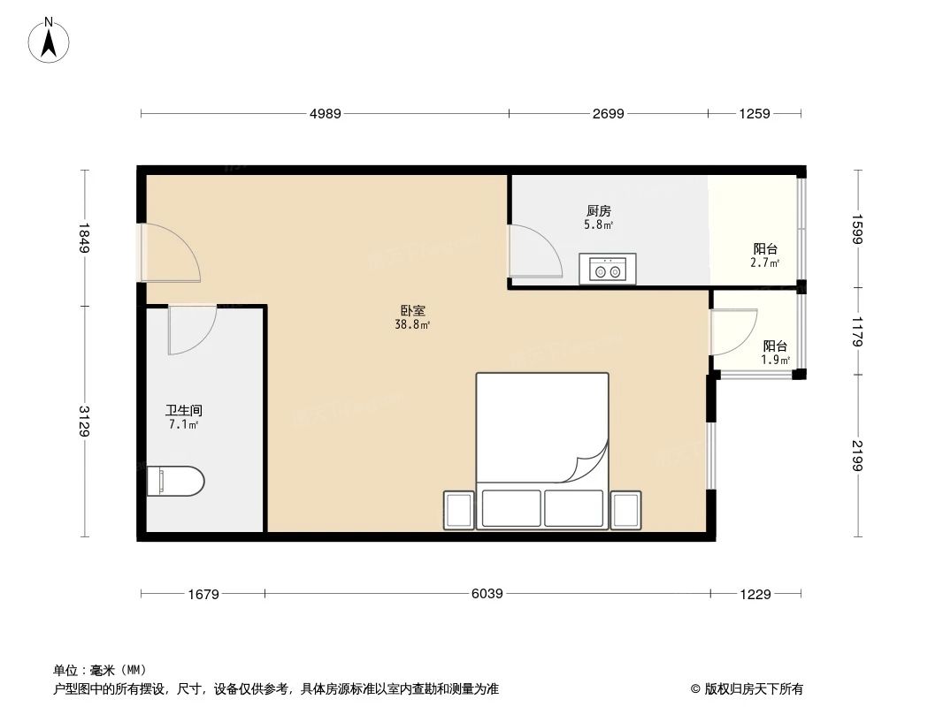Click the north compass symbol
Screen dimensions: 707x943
[x=50, y=40]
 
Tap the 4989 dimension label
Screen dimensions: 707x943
[x=325, y=113]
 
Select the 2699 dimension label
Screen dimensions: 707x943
[x=608, y=113]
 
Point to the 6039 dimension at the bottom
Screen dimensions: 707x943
[x=487, y=594]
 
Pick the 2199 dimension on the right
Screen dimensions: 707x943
[x=856, y=455]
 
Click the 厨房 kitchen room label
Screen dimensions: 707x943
[x=599, y=211]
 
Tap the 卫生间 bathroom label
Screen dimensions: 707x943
[x=184, y=411]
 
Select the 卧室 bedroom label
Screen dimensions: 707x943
[x=412, y=311]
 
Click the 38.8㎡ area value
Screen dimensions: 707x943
[x=412, y=325]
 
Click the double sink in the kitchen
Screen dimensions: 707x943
[x=607, y=269]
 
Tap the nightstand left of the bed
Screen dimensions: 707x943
[x=459, y=510]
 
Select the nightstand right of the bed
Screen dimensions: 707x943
[x=625, y=510]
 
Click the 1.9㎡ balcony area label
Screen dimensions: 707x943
[x=776, y=361]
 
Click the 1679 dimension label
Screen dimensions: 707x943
[x=203, y=594]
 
